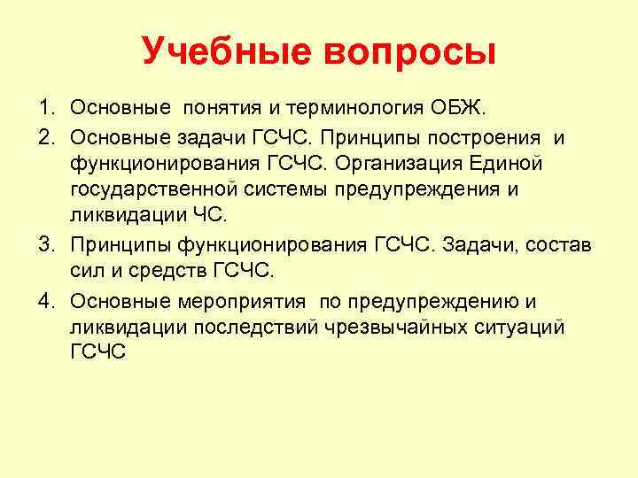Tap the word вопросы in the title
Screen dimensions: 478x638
[x=413, y=51]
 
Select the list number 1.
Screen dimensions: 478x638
[x=44, y=109]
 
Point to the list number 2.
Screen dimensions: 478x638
[x=44, y=137]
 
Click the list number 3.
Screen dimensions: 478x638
[x=44, y=244]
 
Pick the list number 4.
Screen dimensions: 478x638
[x=44, y=301]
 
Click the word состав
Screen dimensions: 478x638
[x=564, y=244]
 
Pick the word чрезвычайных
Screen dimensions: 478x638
[x=420, y=328]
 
